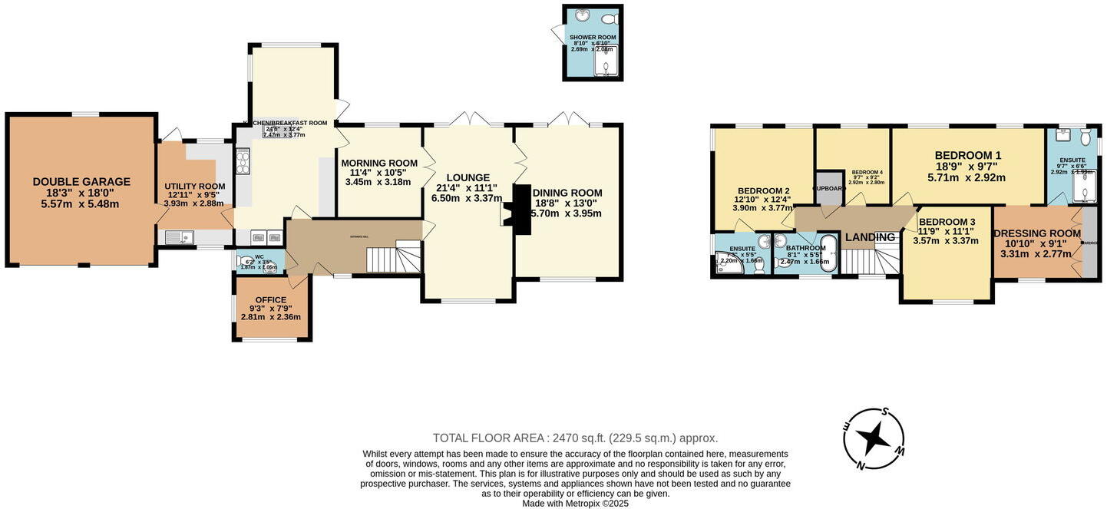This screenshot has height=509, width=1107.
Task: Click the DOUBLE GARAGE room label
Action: [81, 182]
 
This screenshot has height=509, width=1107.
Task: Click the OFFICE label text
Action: [270, 299]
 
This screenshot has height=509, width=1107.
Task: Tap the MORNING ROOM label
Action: [379, 163]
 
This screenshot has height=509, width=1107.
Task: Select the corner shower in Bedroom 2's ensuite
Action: [723, 264]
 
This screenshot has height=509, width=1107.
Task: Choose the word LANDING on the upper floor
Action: [870, 237]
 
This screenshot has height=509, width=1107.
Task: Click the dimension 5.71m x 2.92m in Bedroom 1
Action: [967, 177]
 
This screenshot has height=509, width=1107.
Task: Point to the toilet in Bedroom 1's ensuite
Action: [1086, 137]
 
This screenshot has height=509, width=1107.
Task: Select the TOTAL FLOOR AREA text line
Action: [575, 438]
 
